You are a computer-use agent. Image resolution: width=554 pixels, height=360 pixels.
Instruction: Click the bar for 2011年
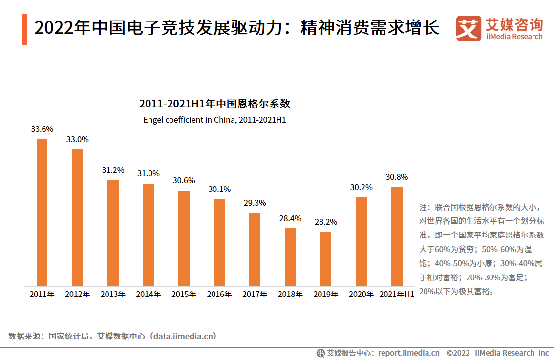point(42,212)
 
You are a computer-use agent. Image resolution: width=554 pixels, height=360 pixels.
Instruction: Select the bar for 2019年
point(326,258)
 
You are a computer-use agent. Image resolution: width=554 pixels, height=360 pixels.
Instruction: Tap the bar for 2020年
point(361,241)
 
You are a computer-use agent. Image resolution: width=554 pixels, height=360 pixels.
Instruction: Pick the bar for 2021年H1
point(397,236)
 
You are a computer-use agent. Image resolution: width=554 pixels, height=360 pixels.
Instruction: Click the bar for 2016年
point(219,242)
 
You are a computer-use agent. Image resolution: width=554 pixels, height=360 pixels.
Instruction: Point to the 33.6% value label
point(42,129)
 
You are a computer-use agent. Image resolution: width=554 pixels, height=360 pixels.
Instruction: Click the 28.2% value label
point(326,222)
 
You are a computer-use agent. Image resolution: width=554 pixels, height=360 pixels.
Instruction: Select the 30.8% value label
point(397,177)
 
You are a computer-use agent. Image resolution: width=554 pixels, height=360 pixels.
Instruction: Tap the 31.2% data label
point(113,170)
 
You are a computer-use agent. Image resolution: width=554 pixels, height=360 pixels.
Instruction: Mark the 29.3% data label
point(255,203)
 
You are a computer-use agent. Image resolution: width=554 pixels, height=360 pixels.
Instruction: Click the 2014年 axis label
point(149,294)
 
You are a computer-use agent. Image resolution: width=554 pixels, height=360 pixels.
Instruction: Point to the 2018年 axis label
point(290,294)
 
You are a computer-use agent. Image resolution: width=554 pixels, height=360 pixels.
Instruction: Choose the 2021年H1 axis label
point(397,294)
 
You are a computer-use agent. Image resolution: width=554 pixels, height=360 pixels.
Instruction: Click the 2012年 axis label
point(77,294)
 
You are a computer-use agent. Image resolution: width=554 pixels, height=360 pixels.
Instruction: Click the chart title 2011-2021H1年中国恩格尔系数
point(214,104)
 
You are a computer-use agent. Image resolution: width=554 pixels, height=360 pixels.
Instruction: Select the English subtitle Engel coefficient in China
point(214,120)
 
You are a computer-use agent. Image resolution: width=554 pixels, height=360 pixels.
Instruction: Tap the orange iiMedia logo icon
point(469,29)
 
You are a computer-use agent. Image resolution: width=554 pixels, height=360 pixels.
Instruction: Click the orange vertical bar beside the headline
point(24,29)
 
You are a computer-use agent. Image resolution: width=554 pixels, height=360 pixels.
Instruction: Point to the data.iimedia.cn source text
point(183,336)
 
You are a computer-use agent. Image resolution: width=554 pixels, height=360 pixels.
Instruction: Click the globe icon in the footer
point(320,353)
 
